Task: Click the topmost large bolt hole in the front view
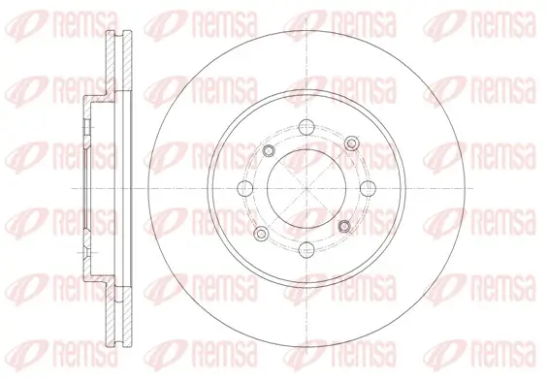[306, 127]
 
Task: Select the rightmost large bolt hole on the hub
[368, 189]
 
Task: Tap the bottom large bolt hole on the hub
[306, 250]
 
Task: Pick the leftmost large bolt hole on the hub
[245, 189]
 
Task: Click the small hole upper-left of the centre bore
[269, 151]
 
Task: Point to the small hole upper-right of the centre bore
[351, 143]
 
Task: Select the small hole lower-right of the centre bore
[344, 226]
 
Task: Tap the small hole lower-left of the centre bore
[261, 234]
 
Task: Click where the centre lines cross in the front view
[306, 189]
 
